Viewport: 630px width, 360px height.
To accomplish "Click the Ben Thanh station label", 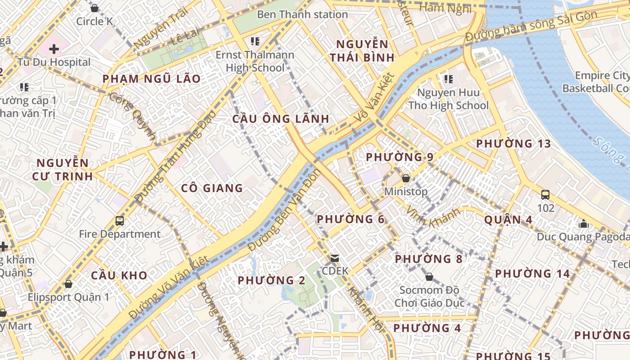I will click(302, 14).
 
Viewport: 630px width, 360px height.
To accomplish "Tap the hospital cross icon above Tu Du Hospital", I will click(54, 49).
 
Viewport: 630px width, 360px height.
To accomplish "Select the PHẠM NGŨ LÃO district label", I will click(152, 79).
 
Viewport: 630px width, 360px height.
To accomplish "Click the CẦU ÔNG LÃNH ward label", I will click(281, 119).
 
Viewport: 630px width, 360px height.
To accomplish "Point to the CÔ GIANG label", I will click(212, 188).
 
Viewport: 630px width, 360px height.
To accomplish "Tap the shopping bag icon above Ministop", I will click(405, 178).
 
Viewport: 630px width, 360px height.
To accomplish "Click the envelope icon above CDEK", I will click(335, 258).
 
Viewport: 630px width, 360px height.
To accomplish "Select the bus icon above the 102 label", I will click(545, 195).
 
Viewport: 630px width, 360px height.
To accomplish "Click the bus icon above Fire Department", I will click(120, 221).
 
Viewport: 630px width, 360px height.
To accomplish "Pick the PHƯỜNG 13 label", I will click(513, 144).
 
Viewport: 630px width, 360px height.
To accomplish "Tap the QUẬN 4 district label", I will click(508, 220).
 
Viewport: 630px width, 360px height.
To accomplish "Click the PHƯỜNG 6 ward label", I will click(351, 219).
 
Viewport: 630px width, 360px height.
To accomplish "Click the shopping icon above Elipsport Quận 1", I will click(68, 284).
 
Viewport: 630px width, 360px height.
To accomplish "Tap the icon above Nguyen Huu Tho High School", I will click(448, 79).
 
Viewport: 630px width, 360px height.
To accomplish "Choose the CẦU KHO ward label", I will click(119, 275).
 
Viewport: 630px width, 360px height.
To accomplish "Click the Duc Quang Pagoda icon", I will click(584, 223).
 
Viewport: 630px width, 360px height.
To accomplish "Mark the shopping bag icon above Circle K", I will click(94, 8).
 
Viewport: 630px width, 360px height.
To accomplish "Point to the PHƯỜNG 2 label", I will click(272, 280).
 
